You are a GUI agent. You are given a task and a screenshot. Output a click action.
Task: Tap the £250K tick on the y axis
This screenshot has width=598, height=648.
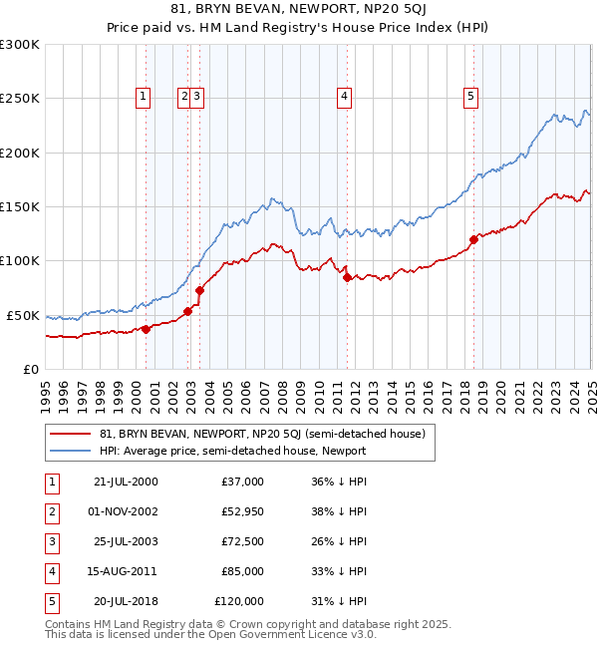(20, 99)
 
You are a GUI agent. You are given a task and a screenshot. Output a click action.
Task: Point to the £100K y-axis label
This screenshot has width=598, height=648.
(20, 260)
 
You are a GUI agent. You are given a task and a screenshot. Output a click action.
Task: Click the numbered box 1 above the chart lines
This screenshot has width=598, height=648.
(144, 97)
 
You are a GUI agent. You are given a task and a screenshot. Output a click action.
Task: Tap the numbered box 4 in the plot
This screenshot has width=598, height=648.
(343, 97)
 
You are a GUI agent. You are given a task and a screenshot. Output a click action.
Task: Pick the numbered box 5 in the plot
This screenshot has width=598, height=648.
(470, 97)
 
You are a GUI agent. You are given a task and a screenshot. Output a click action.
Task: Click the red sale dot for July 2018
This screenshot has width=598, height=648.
(473, 239)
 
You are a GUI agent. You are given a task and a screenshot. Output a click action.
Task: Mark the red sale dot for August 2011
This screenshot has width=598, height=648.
(347, 277)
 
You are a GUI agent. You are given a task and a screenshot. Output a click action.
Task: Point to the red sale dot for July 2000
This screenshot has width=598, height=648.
(146, 329)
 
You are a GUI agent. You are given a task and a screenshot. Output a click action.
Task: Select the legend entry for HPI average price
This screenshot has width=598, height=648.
(233, 451)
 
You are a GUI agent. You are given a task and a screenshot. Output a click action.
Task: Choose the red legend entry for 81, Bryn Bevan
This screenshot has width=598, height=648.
(262, 434)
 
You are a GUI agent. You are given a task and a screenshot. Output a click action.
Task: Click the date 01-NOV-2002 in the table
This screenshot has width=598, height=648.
(125, 511)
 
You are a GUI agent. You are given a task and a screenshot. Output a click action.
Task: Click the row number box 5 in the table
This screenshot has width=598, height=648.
(52, 601)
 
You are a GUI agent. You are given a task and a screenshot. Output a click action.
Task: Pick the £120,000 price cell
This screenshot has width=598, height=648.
(239, 601)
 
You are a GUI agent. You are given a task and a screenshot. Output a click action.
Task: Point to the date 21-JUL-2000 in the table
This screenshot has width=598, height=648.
(125, 482)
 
